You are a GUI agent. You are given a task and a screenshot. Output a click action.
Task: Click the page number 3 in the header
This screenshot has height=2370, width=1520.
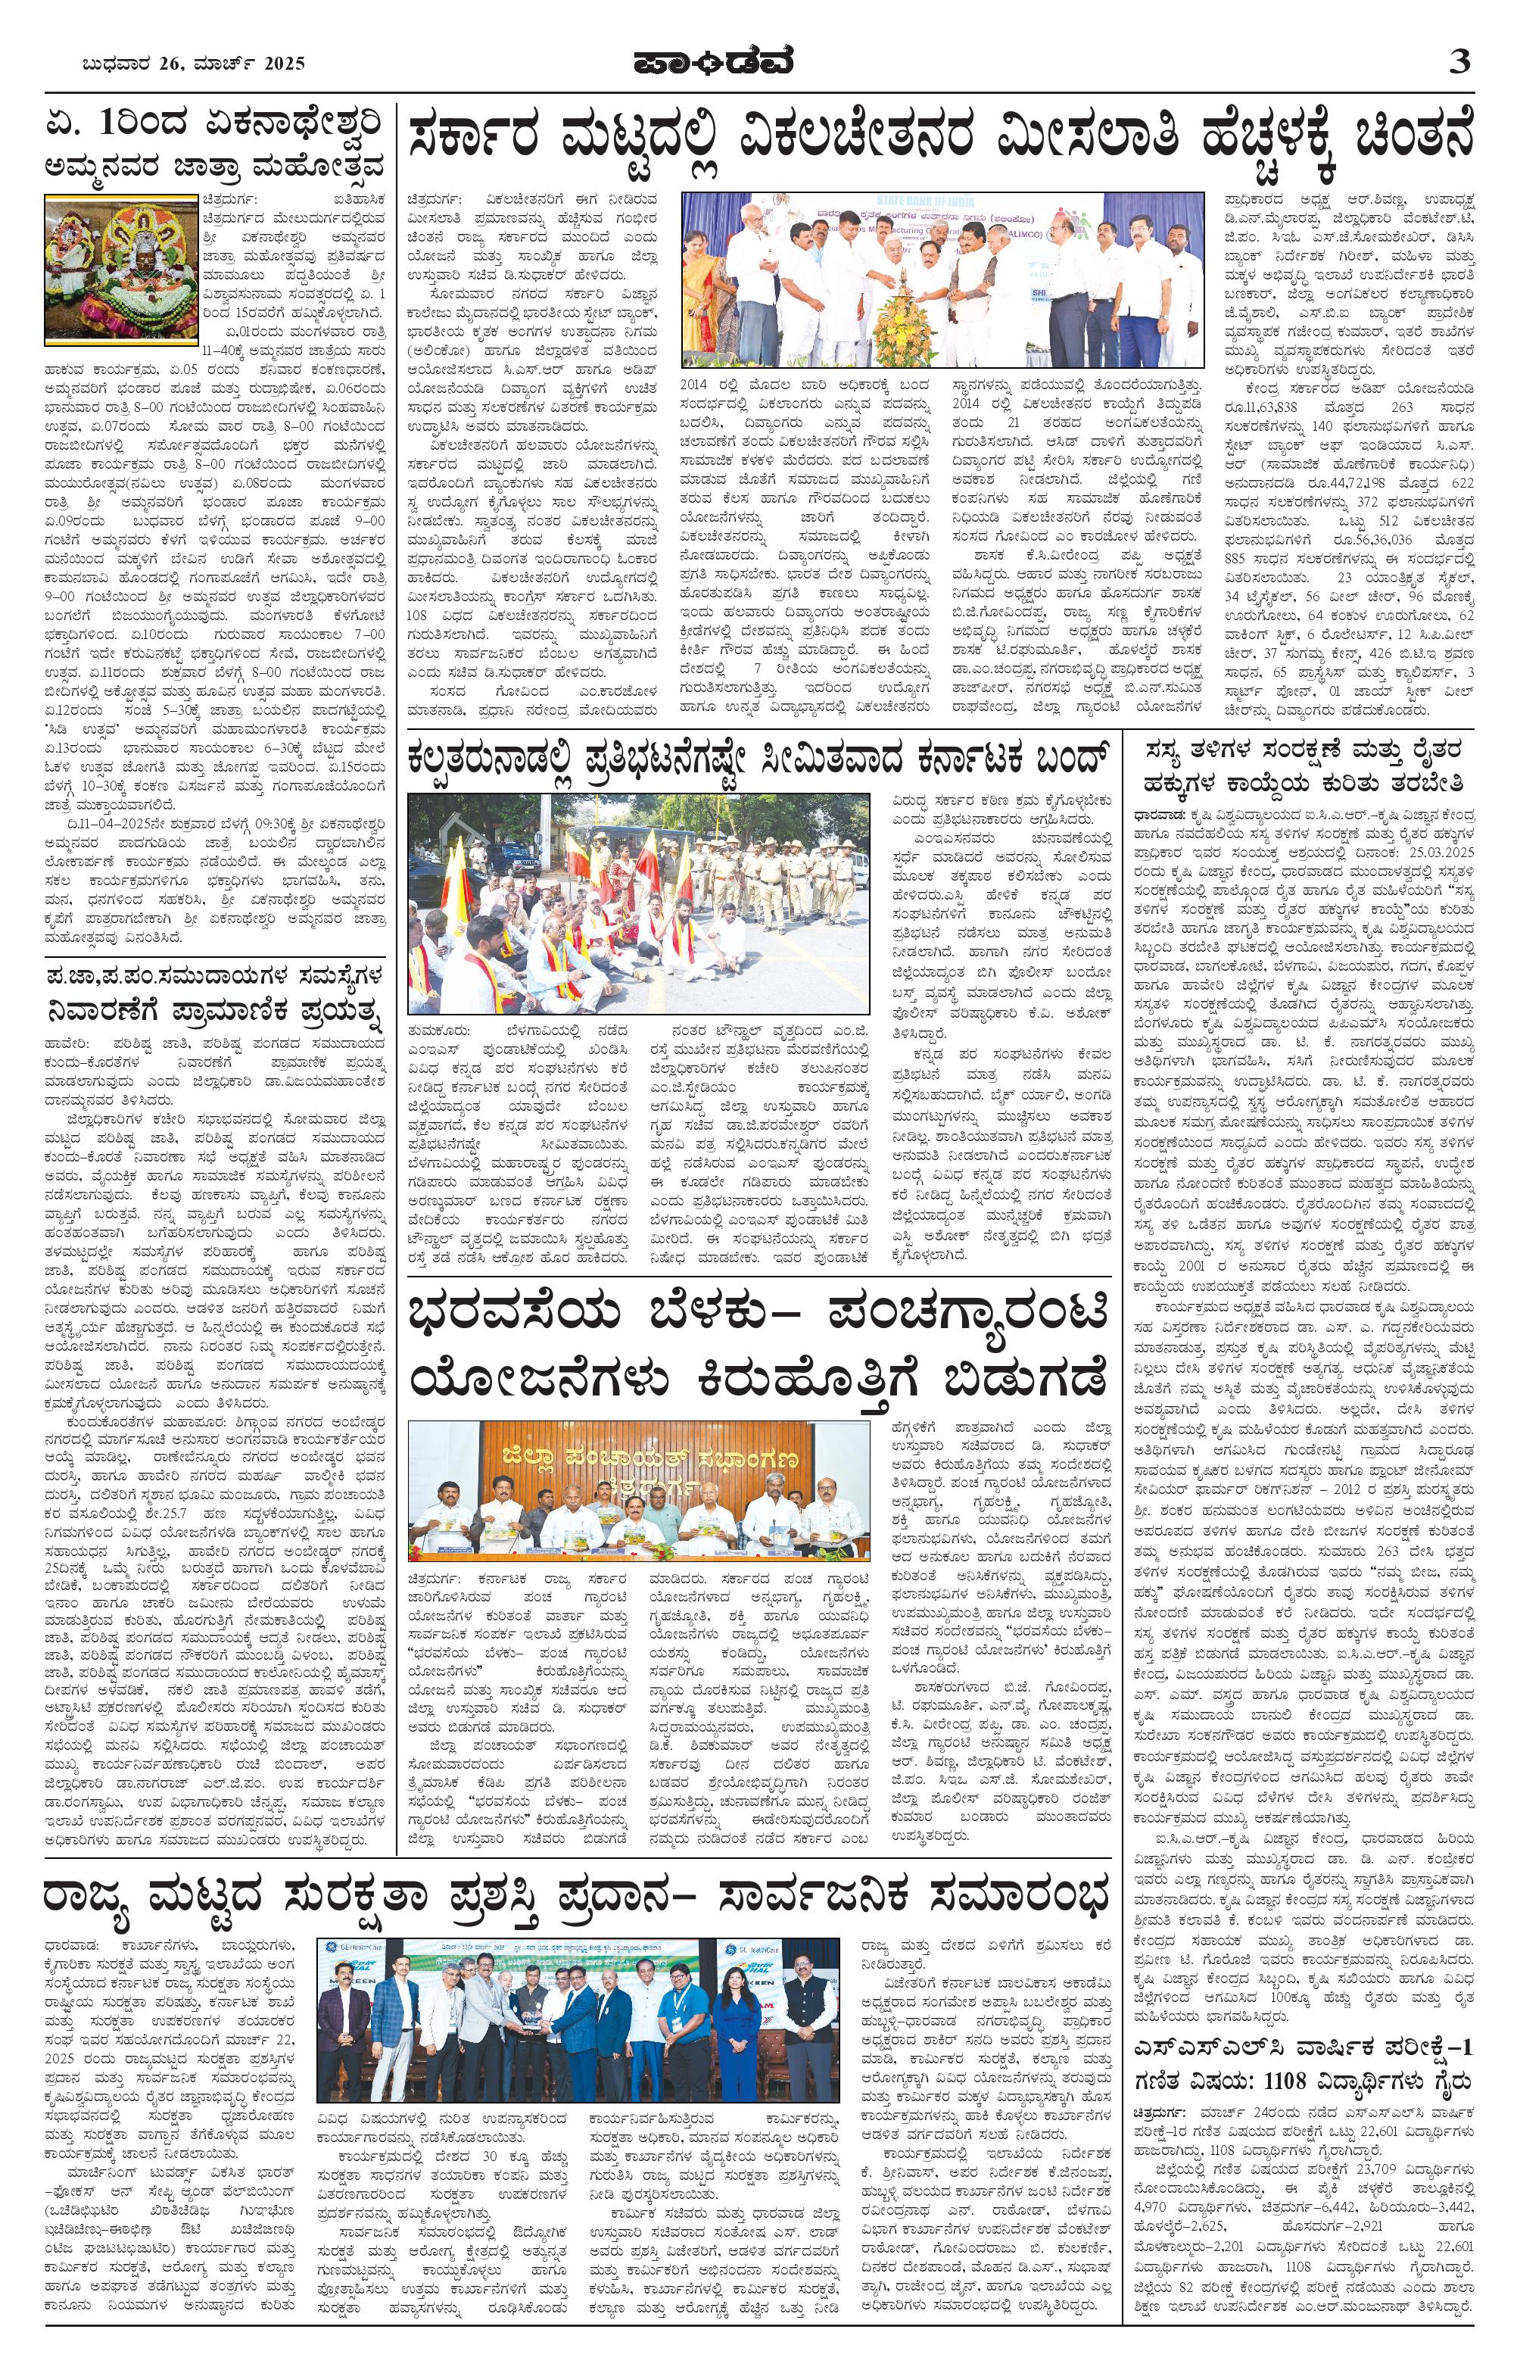coord(1459,62)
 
